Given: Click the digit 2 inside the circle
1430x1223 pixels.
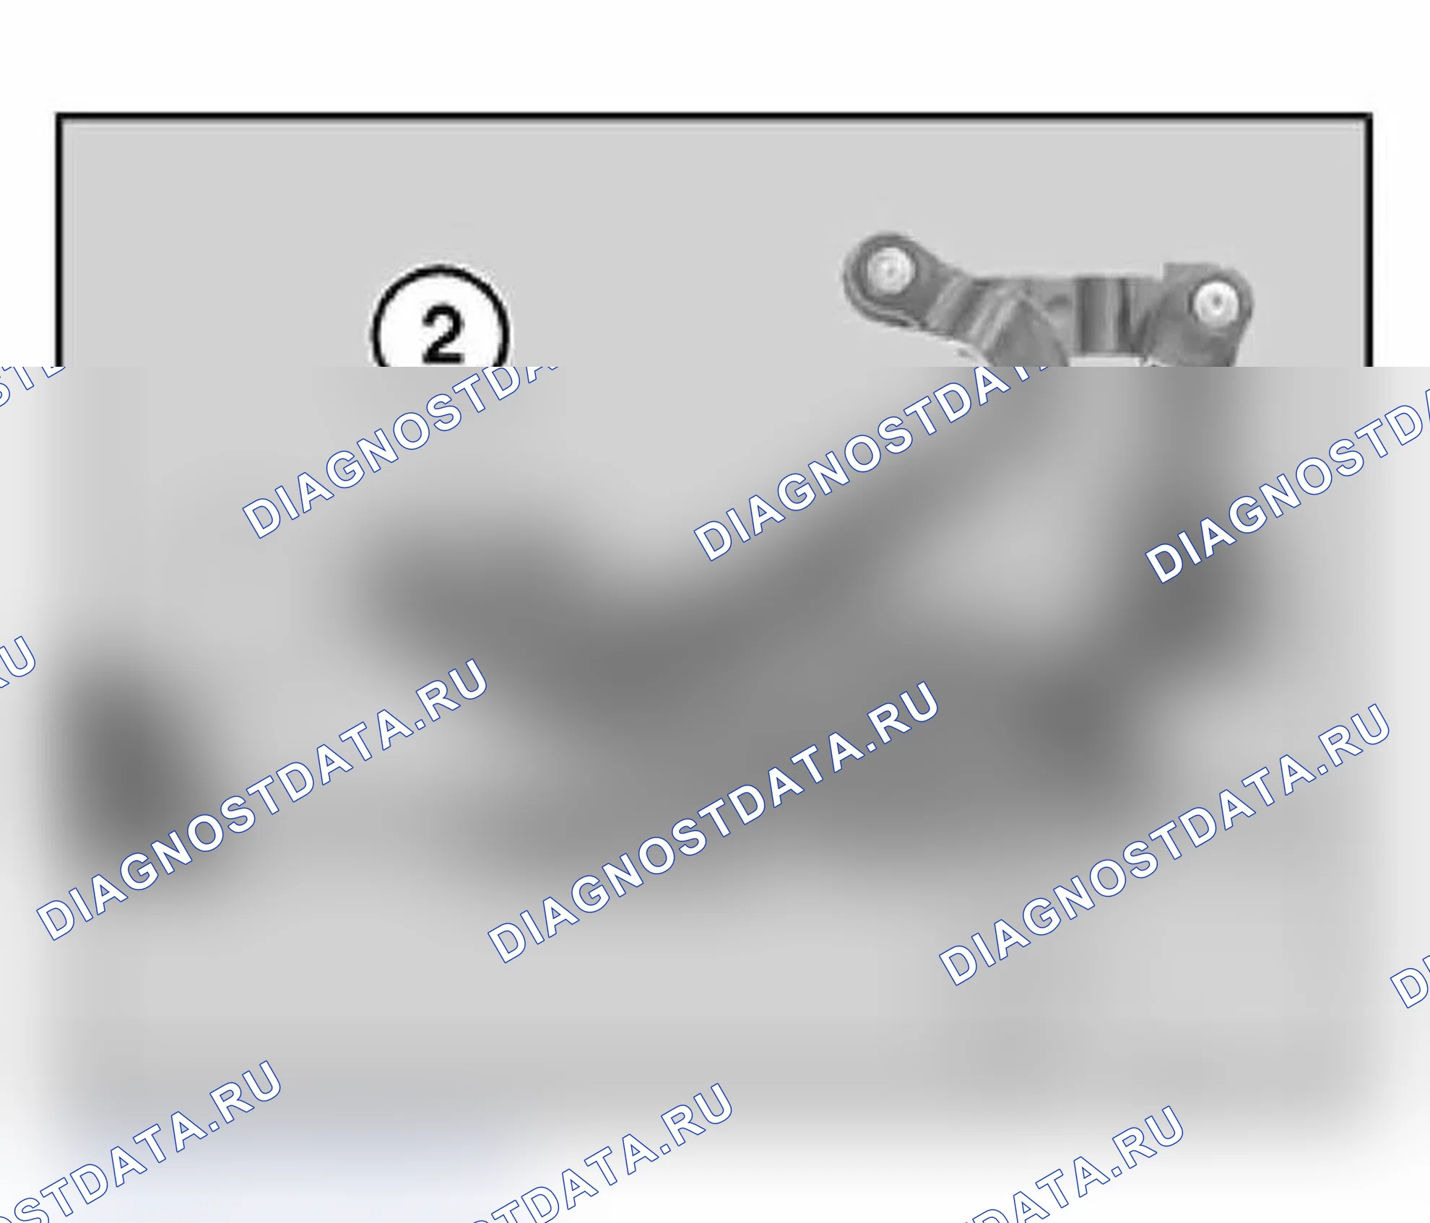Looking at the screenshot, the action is coord(442,334).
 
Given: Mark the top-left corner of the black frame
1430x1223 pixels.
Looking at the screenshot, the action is coord(58,115).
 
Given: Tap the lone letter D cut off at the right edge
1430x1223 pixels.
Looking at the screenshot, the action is coord(1413,985).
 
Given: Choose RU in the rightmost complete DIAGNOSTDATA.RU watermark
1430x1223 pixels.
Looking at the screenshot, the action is coord(1356,731).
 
